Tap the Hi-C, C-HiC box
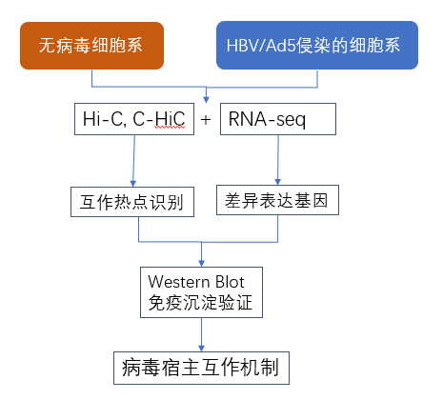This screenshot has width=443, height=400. [x=133, y=120]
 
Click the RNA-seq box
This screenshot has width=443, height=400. [x=278, y=120]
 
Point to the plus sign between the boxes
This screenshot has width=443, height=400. [x=205, y=121]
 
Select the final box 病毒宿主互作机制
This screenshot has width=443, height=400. [x=200, y=365]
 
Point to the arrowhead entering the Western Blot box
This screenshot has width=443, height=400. [x=201, y=262]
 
